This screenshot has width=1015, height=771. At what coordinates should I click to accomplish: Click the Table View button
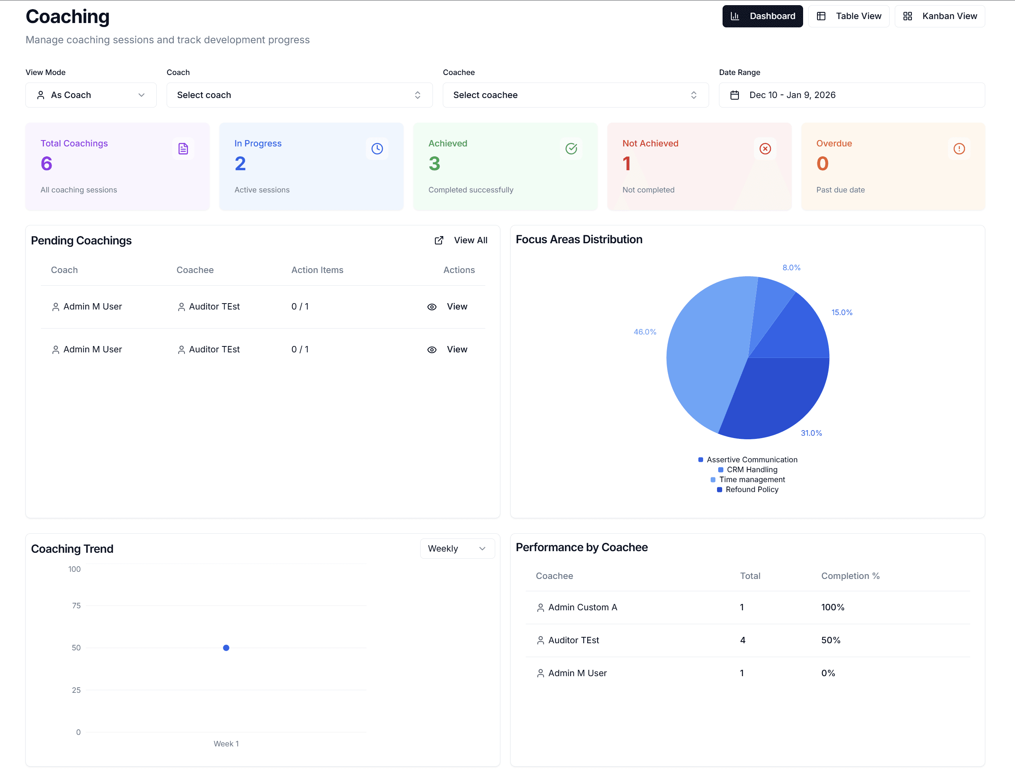848,16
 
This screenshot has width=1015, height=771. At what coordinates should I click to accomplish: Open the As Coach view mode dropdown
91,95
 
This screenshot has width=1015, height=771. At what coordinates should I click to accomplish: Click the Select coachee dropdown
575,95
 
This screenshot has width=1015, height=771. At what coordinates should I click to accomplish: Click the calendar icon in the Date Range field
734,95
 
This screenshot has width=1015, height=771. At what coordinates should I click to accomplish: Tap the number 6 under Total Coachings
46,164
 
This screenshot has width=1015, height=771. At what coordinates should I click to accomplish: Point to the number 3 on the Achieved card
434,164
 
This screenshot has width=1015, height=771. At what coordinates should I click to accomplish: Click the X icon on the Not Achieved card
765,149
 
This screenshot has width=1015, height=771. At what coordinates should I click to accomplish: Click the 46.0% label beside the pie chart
645,332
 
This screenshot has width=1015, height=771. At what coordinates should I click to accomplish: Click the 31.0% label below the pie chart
811,433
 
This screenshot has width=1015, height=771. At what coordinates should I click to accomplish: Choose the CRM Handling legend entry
751,469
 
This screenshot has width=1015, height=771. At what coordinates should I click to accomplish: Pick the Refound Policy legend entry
751,489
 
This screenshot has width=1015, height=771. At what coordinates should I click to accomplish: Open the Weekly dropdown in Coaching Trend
457,548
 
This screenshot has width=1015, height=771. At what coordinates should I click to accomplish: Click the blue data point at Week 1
226,648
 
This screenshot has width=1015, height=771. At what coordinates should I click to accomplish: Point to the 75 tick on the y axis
76,606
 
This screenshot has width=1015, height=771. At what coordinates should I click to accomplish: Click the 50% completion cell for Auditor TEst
830,640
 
